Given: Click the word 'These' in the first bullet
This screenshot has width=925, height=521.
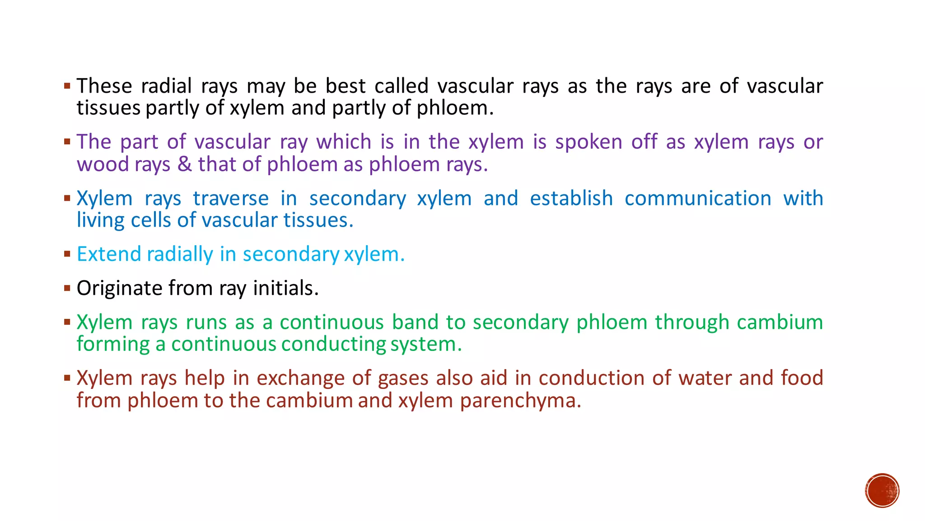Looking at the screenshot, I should (104, 86).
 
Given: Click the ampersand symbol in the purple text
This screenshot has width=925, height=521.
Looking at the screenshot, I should (184, 164).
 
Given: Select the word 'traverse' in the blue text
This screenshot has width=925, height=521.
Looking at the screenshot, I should (230, 199).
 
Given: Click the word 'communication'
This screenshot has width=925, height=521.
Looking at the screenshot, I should (698, 199).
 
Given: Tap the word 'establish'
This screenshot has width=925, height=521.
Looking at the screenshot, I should (571, 199).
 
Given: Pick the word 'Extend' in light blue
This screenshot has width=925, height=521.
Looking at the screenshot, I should (109, 254).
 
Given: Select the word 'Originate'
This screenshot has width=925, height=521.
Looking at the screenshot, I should (119, 288).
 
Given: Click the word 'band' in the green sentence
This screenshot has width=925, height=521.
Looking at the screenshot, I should (415, 322).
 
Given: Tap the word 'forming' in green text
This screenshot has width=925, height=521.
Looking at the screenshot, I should (113, 345).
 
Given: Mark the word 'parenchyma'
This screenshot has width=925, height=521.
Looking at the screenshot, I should (520, 401).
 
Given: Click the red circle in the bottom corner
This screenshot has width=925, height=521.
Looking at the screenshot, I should (882, 491).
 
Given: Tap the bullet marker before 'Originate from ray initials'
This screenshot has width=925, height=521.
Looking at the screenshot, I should (67, 288).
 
